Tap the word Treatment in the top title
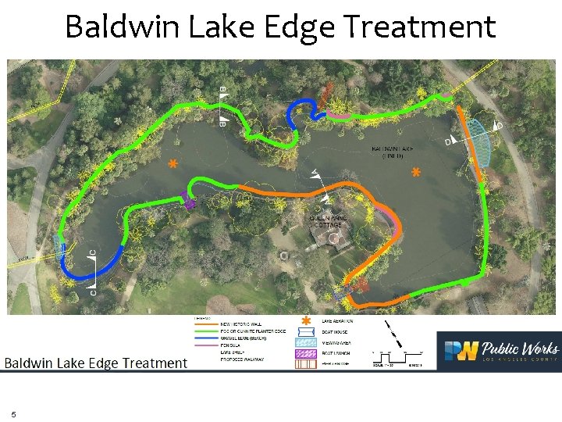tap(420, 27)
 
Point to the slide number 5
tap(13, 414)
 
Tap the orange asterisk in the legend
tap(306, 321)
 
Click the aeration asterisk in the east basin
tap(416, 171)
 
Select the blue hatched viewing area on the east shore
tap(485, 143)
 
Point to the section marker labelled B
tap(223, 106)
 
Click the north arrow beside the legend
tap(395, 332)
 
